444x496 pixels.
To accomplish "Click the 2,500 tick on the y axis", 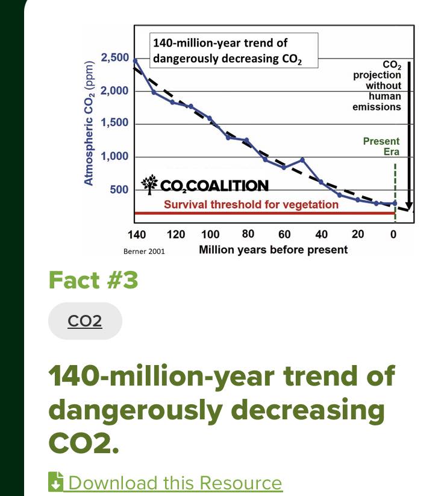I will (x=114, y=58).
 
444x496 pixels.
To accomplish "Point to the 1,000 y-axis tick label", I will (x=114, y=156).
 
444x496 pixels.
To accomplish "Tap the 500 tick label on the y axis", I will (x=119, y=189).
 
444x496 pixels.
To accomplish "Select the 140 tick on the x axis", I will (x=137, y=234).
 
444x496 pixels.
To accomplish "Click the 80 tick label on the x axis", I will (x=248, y=234).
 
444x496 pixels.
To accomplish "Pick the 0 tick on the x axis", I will (x=393, y=234).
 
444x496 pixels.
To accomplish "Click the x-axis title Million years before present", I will (x=273, y=249).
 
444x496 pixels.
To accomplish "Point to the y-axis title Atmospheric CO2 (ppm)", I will (x=89, y=122).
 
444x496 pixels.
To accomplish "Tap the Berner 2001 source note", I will (x=144, y=251).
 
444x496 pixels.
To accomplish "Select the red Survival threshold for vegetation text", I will (x=251, y=205).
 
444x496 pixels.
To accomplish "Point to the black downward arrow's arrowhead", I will (x=409, y=206).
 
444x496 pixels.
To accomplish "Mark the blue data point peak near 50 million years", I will (x=302, y=160).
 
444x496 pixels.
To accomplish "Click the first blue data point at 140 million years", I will (x=135, y=61).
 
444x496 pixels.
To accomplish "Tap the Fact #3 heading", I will (x=93, y=280).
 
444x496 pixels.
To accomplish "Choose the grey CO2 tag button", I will (x=85, y=321).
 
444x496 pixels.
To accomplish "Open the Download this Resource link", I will (x=175, y=483).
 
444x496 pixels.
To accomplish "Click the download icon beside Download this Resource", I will (x=56, y=482).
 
